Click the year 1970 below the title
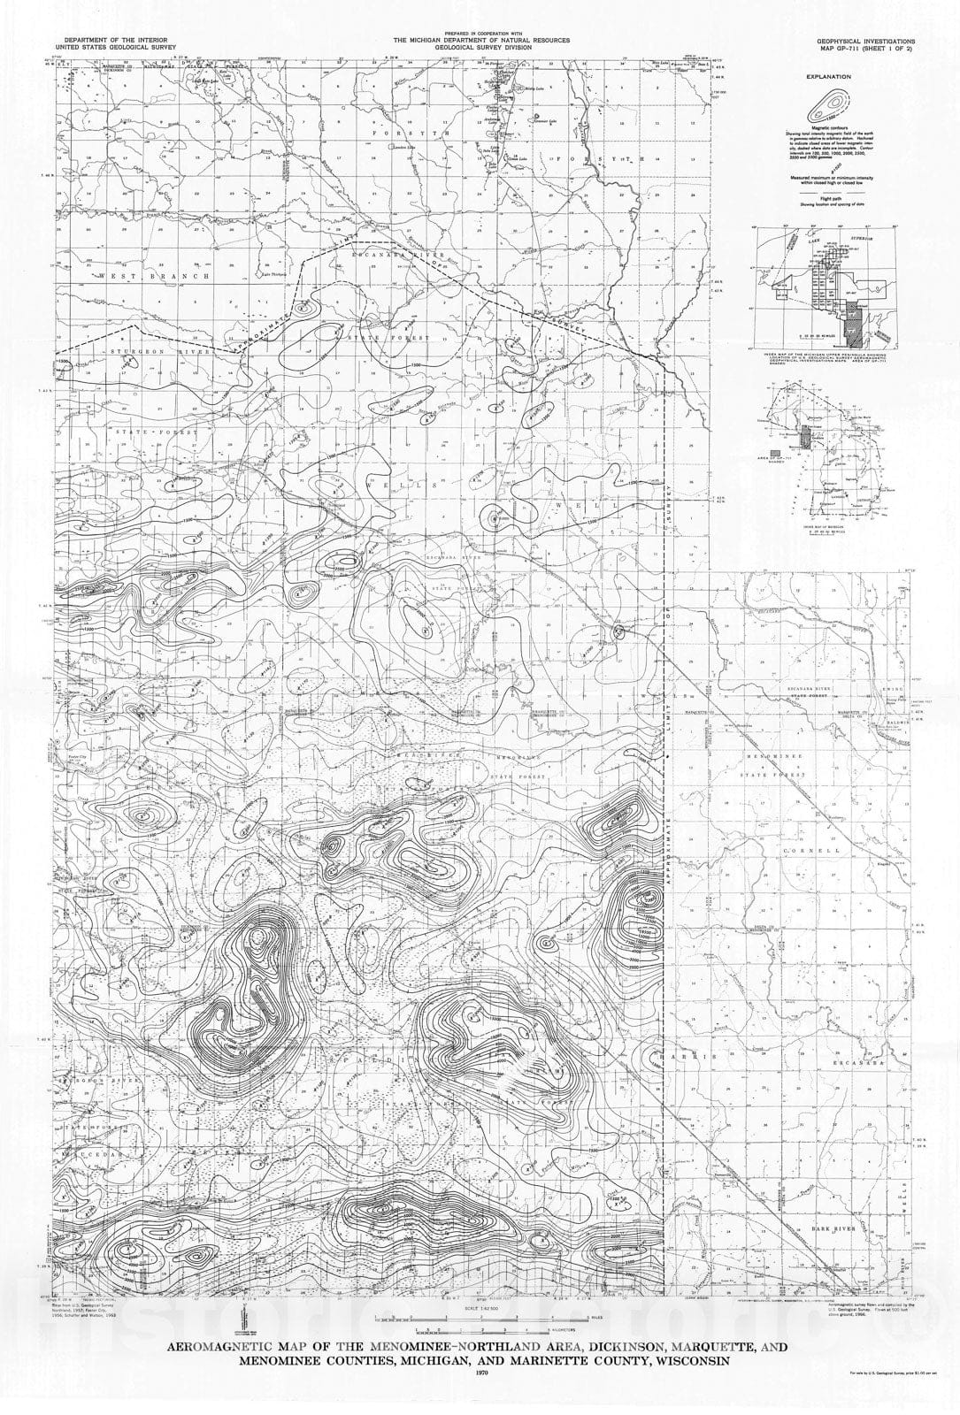coord(480,1372)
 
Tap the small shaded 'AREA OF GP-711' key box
coord(776,452)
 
